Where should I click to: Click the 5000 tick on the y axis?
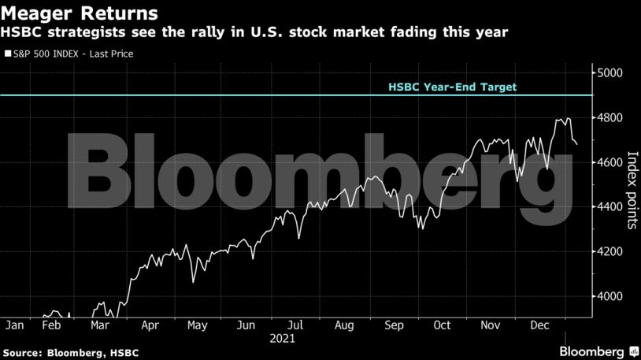611,73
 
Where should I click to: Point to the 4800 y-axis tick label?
611,117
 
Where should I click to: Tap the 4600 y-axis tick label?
611,162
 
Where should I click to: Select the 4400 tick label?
611,207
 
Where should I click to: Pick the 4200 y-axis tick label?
611,251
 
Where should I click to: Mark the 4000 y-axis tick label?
611,296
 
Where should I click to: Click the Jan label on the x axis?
15,325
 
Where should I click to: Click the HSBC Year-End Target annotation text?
452,87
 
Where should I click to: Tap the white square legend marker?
7,54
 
